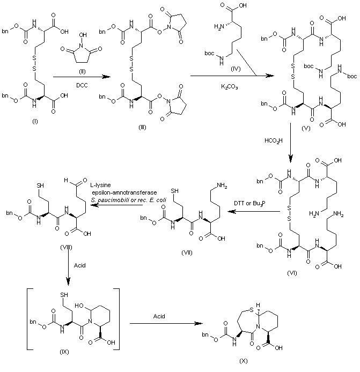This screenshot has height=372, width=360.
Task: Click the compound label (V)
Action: (306, 129)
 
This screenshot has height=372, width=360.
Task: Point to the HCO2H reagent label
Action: (273, 141)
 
